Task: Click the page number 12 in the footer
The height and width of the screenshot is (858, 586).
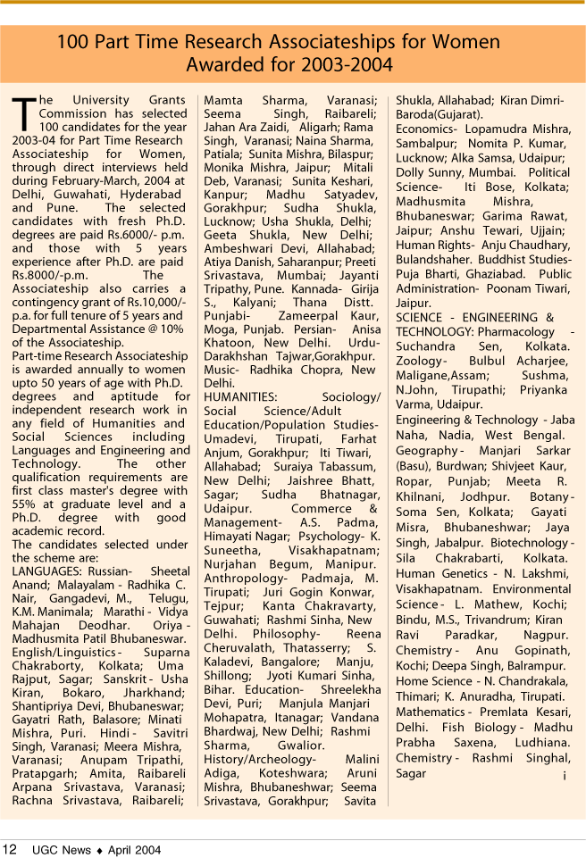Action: (x=10, y=849)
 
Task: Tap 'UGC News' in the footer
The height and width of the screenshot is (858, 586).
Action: (x=62, y=850)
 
